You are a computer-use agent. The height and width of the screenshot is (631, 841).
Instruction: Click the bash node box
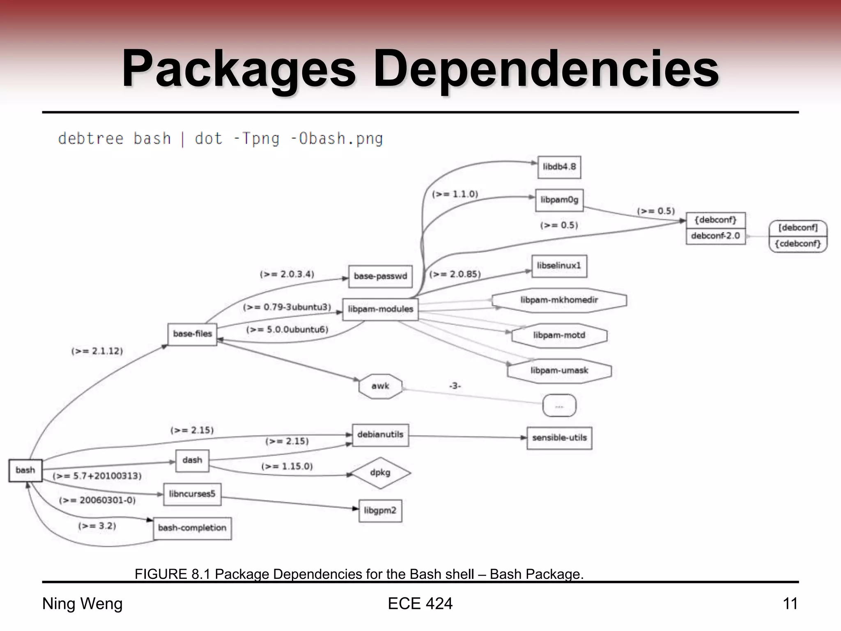pyautogui.click(x=25, y=470)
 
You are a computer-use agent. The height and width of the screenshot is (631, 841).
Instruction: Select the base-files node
pyautogui.click(x=192, y=334)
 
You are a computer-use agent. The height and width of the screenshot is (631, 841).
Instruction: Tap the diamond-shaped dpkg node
pyautogui.click(x=380, y=473)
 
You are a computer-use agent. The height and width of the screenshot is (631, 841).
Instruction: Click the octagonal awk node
pyautogui.click(x=380, y=386)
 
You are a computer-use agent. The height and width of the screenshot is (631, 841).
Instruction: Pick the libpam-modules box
pyautogui.click(x=380, y=309)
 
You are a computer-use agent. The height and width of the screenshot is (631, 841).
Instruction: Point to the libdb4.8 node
pyautogui.click(x=559, y=167)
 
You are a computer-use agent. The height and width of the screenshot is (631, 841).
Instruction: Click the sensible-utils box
pyautogui.click(x=559, y=438)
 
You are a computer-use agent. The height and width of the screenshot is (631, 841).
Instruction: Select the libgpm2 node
pyautogui.click(x=380, y=511)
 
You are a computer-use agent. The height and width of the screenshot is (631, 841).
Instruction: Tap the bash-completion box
pyautogui.click(x=192, y=528)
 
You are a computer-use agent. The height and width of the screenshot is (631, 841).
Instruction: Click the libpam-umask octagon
pyautogui.click(x=559, y=371)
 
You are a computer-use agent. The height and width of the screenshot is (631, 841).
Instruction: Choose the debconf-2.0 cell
pyautogui.click(x=715, y=236)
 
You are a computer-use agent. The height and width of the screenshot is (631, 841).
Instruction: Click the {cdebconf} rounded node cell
pyautogui.click(x=797, y=244)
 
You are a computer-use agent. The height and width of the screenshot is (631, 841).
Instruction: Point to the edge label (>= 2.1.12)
pyautogui.click(x=97, y=351)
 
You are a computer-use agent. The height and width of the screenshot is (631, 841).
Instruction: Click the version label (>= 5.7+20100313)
pyautogui.click(x=97, y=476)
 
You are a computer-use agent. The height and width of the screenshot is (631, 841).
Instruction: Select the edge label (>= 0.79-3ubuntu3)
pyautogui.click(x=287, y=307)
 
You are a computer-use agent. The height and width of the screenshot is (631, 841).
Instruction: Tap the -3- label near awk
pyautogui.click(x=455, y=386)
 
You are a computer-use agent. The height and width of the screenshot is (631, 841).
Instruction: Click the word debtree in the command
pyautogui.click(x=91, y=139)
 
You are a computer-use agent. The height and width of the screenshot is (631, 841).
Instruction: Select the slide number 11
pyautogui.click(x=790, y=604)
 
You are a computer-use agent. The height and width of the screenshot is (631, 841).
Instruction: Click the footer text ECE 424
pyautogui.click(x=420, y=604)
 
